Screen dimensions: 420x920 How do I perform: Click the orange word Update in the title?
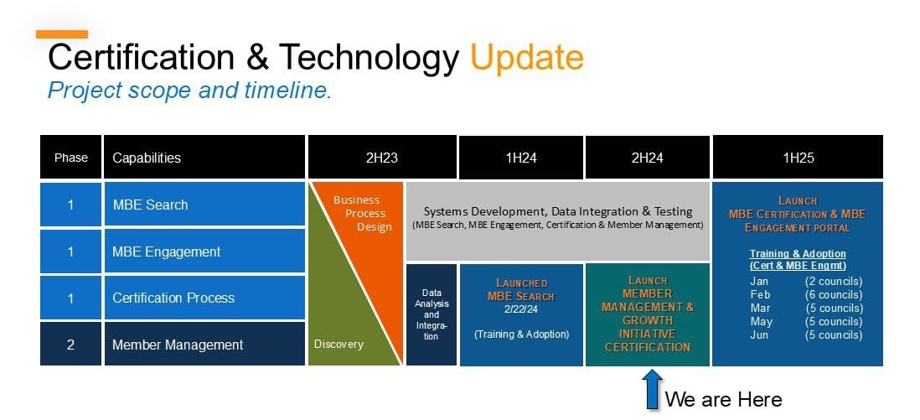526,57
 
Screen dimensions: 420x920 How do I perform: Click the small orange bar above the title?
61,34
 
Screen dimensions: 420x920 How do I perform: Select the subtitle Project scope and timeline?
189,91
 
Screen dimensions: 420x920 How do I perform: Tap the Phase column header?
70,158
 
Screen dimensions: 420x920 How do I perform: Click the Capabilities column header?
204,158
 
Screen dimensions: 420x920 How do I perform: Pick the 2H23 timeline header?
381,158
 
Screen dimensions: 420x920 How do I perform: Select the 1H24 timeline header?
520,158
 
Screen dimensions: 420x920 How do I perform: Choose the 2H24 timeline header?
647,158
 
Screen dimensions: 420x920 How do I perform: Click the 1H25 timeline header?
797,158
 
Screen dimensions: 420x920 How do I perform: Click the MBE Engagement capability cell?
204,251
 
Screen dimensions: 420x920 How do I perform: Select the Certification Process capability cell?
204,298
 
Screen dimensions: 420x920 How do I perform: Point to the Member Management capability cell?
204,345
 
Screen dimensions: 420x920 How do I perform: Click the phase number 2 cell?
70,345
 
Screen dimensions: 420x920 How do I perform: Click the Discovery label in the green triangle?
339,344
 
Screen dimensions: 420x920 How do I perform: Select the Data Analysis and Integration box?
431,314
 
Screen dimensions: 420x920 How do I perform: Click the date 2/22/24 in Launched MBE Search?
520,309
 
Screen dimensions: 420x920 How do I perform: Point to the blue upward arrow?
652,391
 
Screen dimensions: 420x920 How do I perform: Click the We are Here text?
723,399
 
